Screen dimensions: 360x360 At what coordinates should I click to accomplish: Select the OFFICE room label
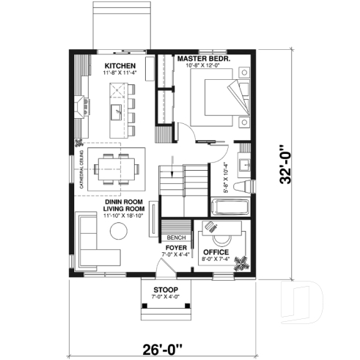tap(216, 251)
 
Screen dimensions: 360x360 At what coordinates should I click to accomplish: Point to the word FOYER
tap(174, 248)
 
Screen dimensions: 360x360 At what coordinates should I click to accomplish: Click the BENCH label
tap(175, 238)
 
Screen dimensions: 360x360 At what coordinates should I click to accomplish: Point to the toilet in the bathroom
tap(249, 184)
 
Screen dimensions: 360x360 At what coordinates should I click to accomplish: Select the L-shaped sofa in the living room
tap(92, 242)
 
